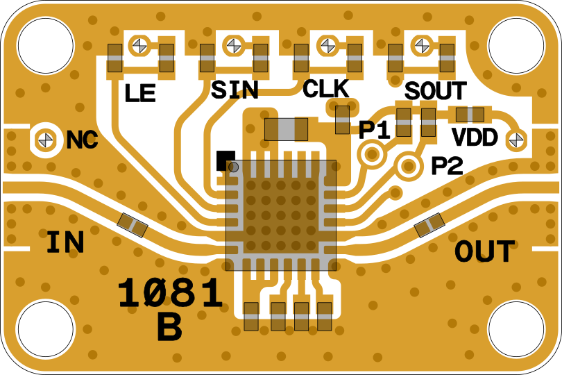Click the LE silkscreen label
coord(139,93)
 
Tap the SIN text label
coord(235,90)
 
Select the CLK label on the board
coord(326,89)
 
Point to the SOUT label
coord(436,91)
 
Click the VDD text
coord(475,137)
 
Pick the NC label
coord(82,140)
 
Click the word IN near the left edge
coord(66,242)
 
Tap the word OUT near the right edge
coord(484,251)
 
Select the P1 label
coord(375,130)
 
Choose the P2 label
coord(448,165)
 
